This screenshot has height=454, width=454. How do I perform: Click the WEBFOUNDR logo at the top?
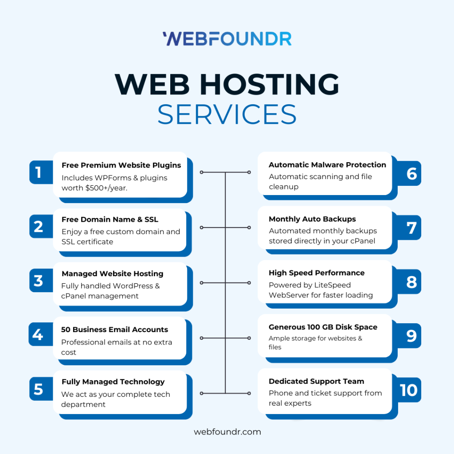click(x=227, y=39)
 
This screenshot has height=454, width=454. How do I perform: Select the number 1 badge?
click(x=39, y=172)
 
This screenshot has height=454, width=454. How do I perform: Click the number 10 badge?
click(x=408, y=390)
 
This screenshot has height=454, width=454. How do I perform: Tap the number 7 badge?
click(x=411, y=227)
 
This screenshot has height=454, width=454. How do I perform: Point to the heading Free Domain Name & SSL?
click(x=110, y=219)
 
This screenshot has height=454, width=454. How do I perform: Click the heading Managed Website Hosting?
click(x=113, y=274)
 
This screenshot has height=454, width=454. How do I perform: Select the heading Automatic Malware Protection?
click(x=327, y=164)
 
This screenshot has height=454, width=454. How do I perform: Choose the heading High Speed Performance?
click(x=317, y=273)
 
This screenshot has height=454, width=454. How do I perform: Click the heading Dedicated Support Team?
click(x=317, y=381)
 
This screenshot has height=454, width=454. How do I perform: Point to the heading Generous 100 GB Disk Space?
click(x=323, y=327)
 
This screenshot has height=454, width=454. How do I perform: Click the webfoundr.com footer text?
click(x=227, y=431)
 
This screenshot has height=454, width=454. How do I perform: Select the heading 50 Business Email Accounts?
click(x=114, y=329)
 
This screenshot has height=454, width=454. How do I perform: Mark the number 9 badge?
click(x=411, y=336)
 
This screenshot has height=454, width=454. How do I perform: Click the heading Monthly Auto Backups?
click(x=312, y=219)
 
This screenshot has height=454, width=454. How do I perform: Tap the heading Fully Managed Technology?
click(x=113, y=382)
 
